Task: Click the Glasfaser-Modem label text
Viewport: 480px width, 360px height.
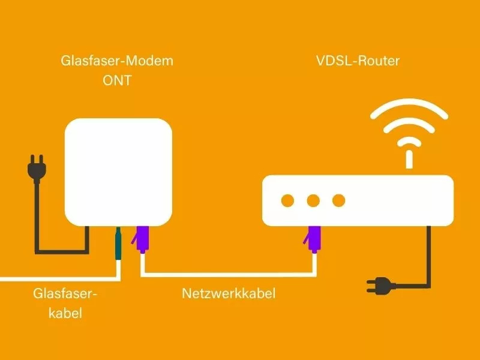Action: pos(117,61)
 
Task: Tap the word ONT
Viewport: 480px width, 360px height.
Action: pos(117,80)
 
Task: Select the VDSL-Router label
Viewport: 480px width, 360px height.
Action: pos(358,61)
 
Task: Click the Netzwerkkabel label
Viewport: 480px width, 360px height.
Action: pos(229,293)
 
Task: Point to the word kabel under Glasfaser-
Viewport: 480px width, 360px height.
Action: pos(65,313)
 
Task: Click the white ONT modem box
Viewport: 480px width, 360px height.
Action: pos(118,172)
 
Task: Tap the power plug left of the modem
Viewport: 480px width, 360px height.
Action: pos(37,169)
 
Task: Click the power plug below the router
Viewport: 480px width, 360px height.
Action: pos(380,286)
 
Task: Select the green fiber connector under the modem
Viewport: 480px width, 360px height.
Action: pos(118,244)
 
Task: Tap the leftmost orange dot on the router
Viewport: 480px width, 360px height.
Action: pos(287,200)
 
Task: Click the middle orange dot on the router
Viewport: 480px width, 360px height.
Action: pos(313,200)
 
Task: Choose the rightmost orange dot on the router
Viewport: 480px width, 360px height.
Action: pos(338,200)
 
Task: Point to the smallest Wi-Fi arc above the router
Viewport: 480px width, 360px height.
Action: pos(409,139)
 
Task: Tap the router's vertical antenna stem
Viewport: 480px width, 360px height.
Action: pos(409,159)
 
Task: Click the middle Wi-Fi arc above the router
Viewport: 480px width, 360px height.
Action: pos(409,121)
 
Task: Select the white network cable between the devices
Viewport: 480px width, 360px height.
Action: pos(229,275)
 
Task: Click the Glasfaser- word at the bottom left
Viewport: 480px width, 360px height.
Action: pos(65,293)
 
